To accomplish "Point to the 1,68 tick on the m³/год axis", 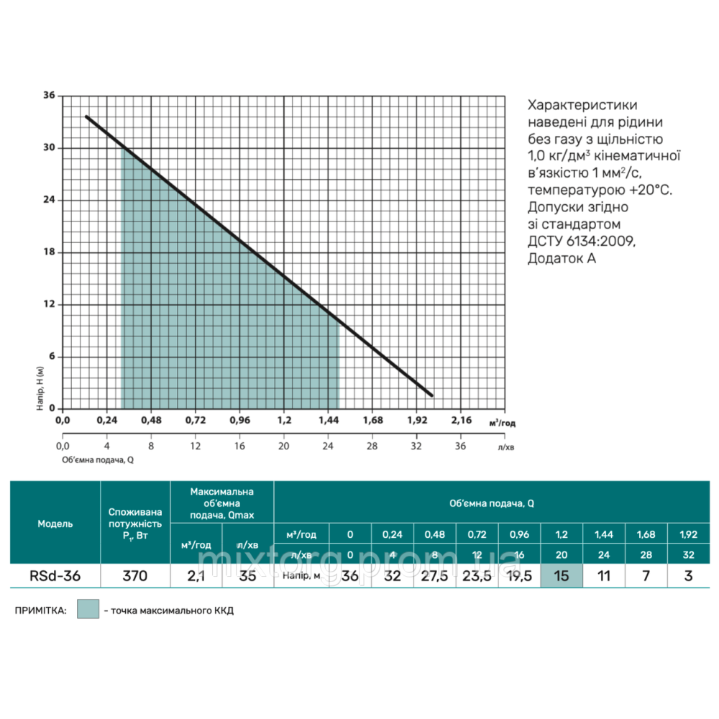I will (x=372, y=419).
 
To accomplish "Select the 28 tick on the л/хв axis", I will (x=372, y=446).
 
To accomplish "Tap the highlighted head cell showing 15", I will (x=562, y=575).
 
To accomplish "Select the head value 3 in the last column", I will (x=689, y=575).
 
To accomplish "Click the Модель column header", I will (x=55, y=523).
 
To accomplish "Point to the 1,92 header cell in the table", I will (x=689, y=535).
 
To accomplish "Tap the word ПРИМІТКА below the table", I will (x=40, y=611).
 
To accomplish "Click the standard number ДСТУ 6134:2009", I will (x=581, y=241).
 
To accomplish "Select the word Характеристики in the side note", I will (x=582, y=104).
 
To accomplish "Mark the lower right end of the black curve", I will (x=431, y=395).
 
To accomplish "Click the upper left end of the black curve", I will (x=87, y=116).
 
